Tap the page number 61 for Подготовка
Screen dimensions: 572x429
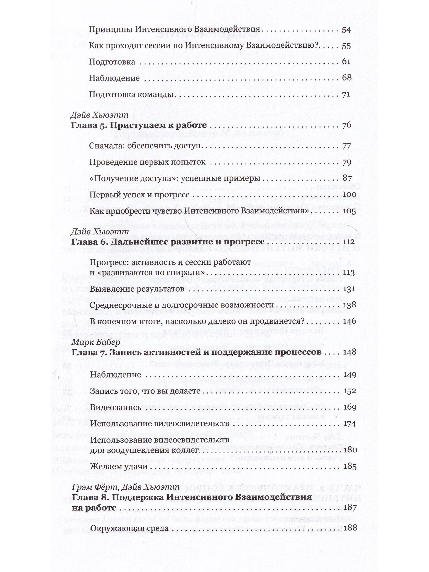point(346,62)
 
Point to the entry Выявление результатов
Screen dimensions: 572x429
point(137,289)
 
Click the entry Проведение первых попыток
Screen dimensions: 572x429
point(147,162)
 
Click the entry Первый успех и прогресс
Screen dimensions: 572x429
point(139,195)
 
